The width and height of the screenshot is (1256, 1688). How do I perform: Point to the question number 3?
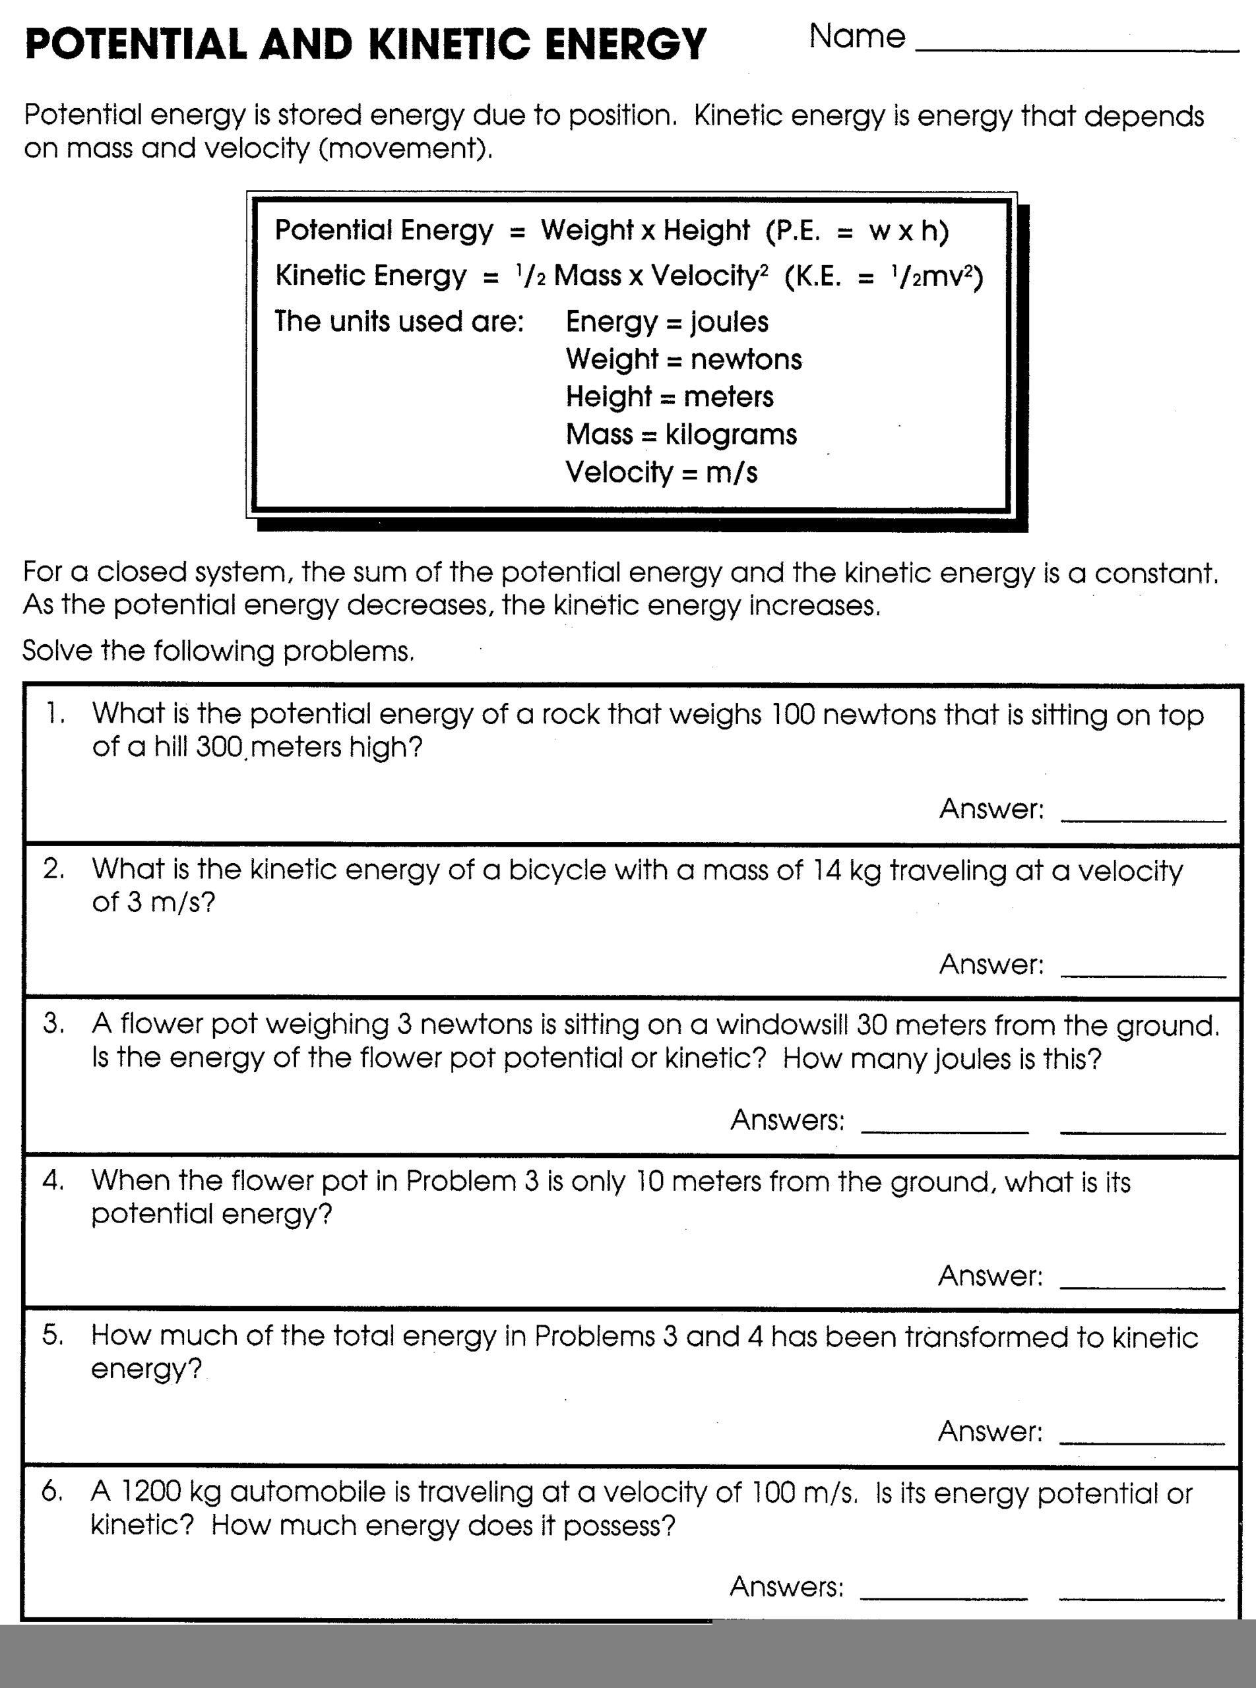pos(53,1024)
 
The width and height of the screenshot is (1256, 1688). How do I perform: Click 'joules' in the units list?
pos(729,322)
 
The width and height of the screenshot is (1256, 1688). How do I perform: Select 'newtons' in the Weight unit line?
pos(746,359)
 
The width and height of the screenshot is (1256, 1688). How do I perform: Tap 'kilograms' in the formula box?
pos(731,435)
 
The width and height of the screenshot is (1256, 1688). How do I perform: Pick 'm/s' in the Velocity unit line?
pos(732,473)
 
